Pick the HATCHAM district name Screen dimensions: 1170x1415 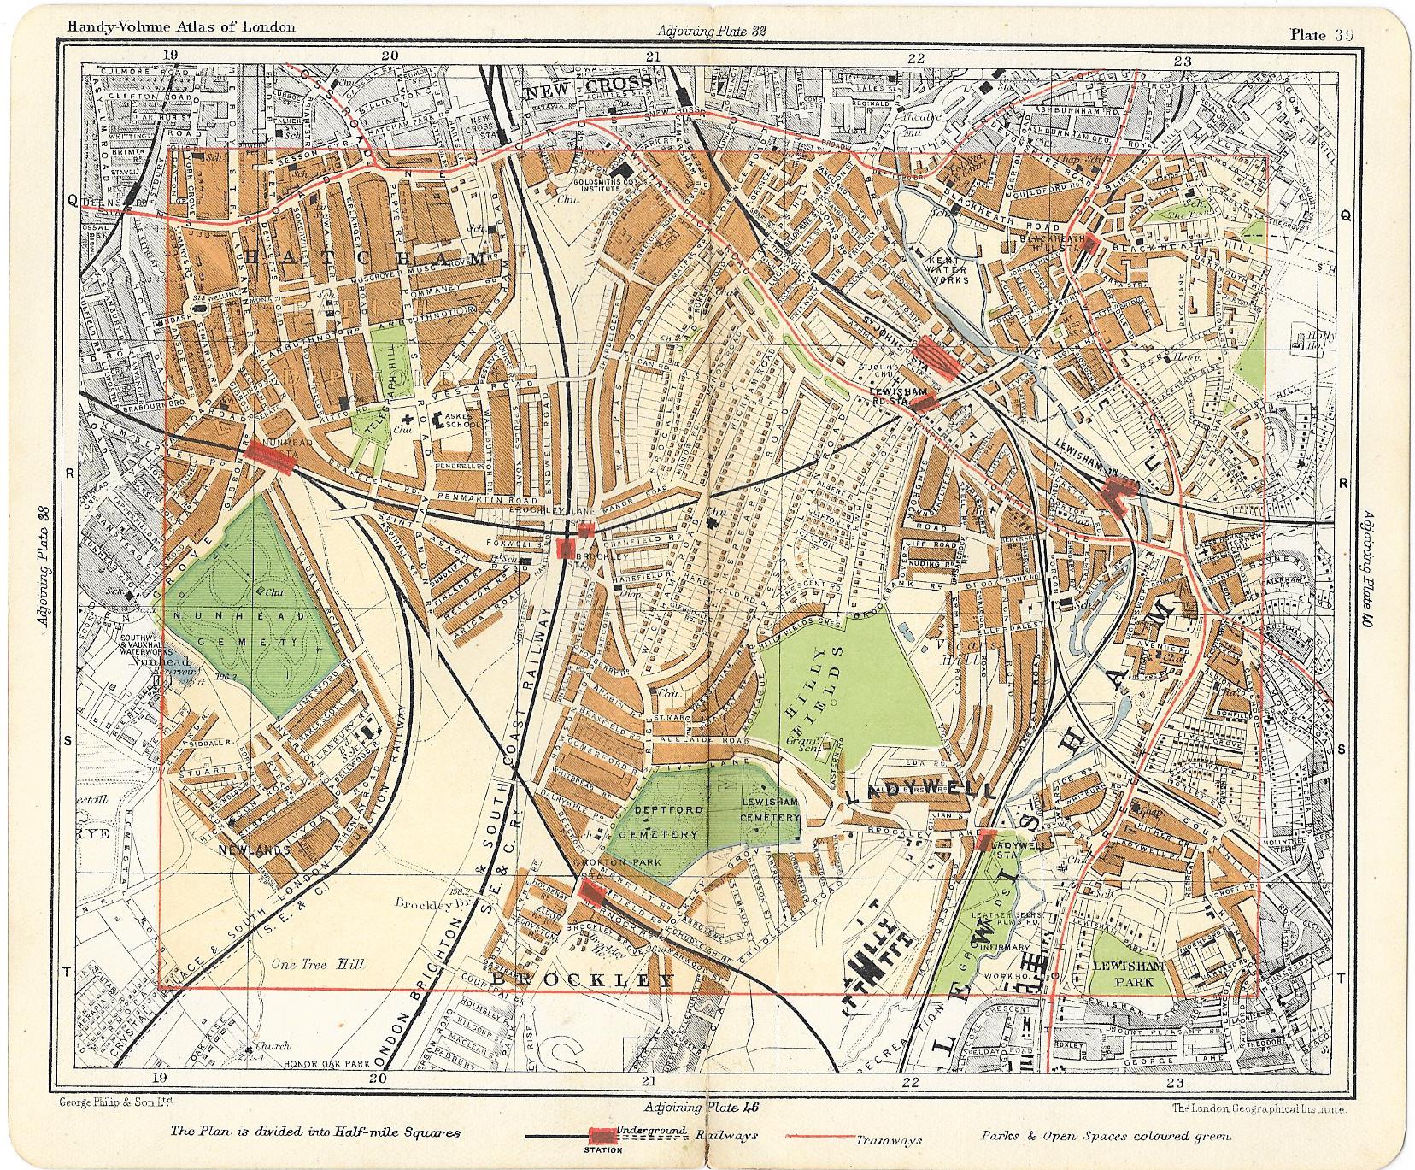coord(366,259)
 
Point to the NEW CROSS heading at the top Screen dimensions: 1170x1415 coord(590,83)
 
